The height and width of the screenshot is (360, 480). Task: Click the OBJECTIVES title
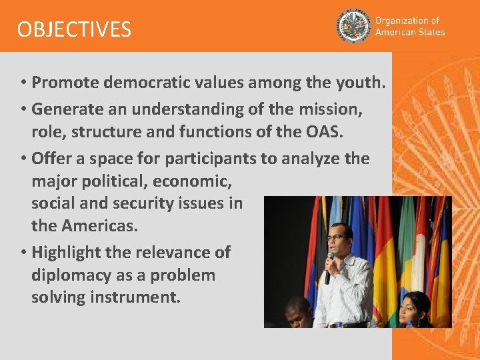click(x=74, y=29)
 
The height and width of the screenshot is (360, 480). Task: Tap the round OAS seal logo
click(x=353, y=26)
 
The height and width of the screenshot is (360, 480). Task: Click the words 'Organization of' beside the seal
click(x=407, y=21)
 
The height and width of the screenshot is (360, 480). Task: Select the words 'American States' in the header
click(x=409, y=32)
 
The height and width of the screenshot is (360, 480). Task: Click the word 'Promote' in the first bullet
click(x=63, y=83)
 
